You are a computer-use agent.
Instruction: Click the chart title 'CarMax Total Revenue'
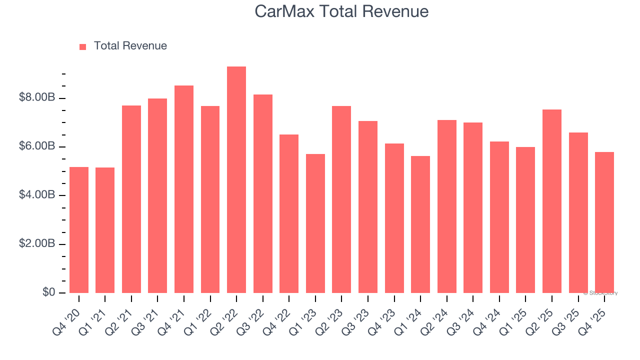pyautogui.click(x=341, y=11)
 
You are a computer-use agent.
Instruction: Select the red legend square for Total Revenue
pyautogui.click(x=83, y=46)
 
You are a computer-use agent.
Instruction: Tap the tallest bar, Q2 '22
pyautogui.click(x=236, y=180)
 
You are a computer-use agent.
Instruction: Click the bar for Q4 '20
pyautogui.click(x=79, y=230)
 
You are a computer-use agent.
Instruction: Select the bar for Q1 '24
pyautogui.click(x=420, y=224)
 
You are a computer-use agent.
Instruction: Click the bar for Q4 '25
pyautogui.click(x=604, y=222)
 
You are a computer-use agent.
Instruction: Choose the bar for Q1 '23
pyautogui.click(x=315, y=223)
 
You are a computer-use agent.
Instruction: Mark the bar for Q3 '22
pyautogui.click(x=263, y=193)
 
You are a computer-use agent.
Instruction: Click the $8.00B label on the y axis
pyautogui.click(x=36, y=97)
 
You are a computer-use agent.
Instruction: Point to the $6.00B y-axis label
pyautogui.click(x=36, y=146)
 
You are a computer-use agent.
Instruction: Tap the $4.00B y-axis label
pyautogui.click(x=36, y=195)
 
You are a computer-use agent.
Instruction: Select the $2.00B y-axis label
pyautogui.click(x=36, y=244)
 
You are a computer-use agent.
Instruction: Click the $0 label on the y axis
pyautogui.click(x=48, y=292)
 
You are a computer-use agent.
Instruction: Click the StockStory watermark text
pyautogui.click(x=600, y=293)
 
